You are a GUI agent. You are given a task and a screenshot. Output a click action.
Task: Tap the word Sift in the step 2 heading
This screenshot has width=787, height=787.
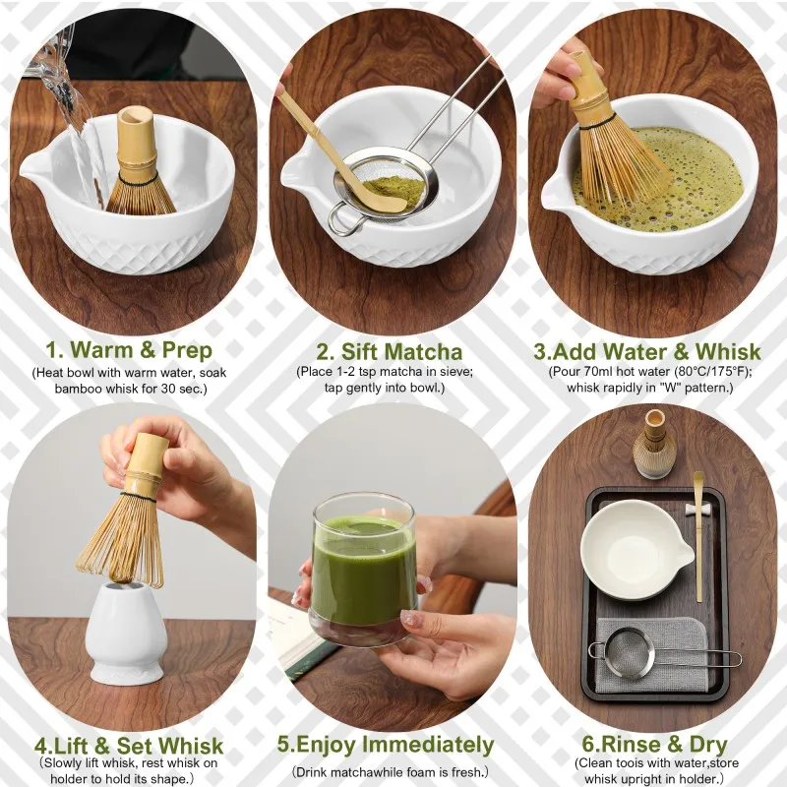click(361, 351)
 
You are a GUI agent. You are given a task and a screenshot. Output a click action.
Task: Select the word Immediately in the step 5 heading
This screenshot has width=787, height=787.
click(428, 745)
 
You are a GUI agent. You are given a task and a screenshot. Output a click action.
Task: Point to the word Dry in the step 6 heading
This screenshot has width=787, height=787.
click(708, 745)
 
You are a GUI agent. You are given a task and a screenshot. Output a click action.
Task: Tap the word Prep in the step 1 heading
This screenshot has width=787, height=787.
click(187, 351)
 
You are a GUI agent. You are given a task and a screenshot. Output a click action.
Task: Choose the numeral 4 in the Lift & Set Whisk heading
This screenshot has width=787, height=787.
click(40, 746)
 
